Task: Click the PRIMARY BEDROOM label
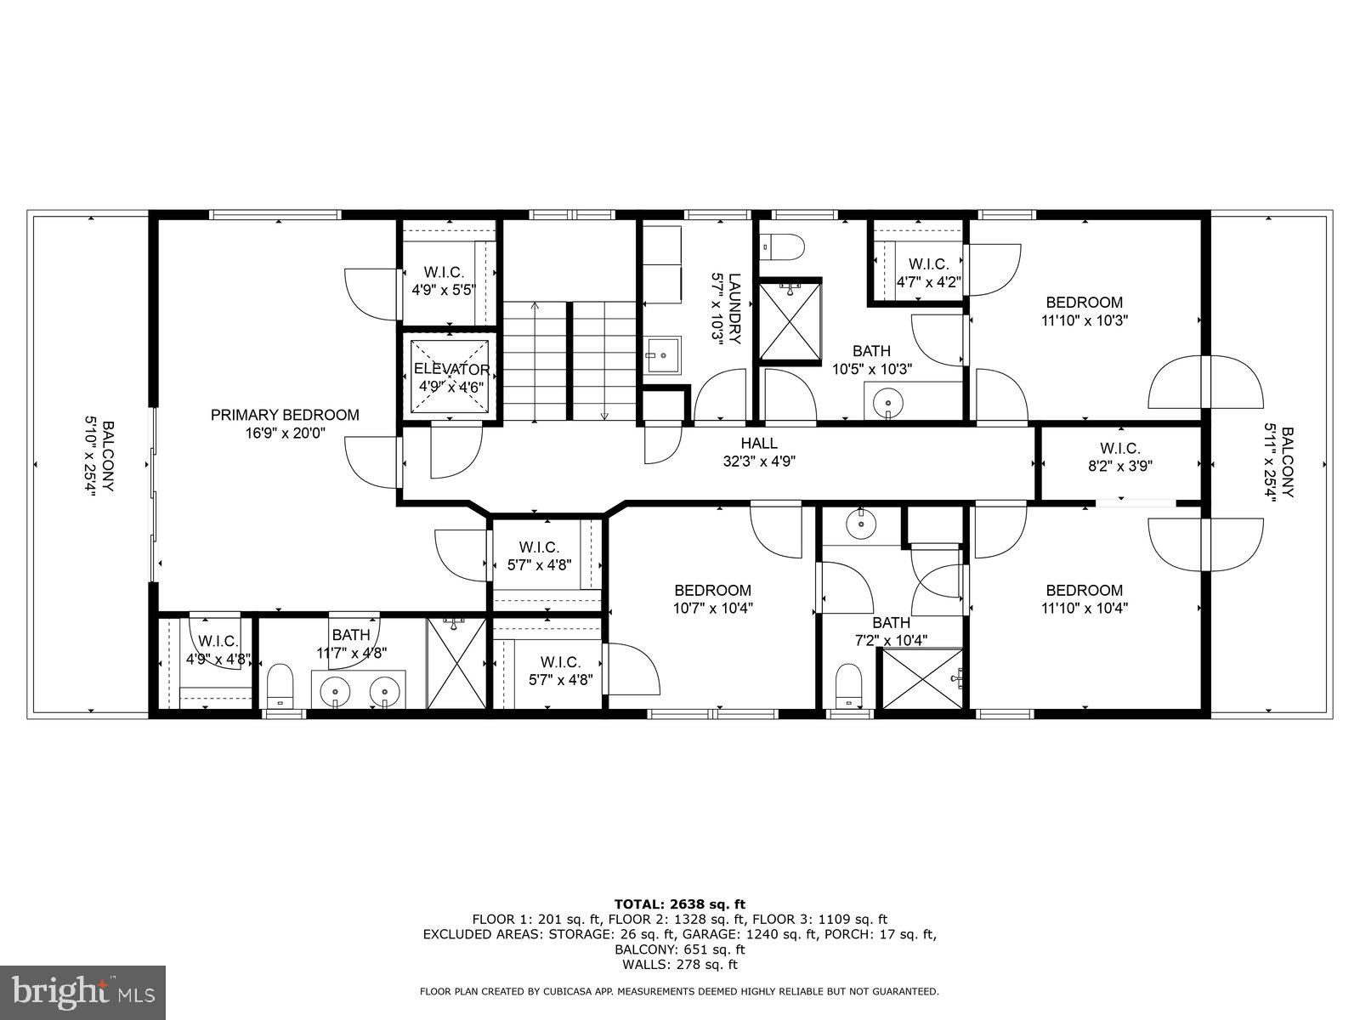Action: click(285, 415)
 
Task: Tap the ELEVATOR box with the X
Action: click(451, 377)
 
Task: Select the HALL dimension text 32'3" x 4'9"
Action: click(758, 462)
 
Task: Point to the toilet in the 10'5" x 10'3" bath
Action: click(780, 247)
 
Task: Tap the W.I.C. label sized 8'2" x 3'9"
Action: click(1119, 448)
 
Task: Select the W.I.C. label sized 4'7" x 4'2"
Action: click(928, 264)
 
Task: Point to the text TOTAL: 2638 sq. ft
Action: click(679, 904)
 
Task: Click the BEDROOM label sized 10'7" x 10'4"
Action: click(712, 590)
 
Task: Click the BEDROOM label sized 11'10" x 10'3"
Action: click(1084, 302)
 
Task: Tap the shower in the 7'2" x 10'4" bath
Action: click(923, 678)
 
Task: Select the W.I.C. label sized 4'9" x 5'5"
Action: click(444, 272)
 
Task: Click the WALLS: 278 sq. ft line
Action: click(679, 965)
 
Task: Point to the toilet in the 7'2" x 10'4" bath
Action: click(847, 684)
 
